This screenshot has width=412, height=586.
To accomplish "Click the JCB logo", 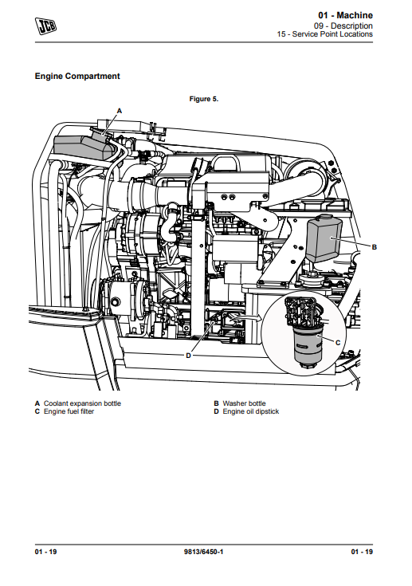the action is point(46,26).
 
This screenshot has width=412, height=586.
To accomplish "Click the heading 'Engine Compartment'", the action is point(77,77).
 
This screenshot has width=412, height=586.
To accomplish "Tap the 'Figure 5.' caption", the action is point(203,99).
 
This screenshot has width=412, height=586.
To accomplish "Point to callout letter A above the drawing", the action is point(120,111).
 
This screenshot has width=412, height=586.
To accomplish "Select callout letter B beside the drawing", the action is point(375,247).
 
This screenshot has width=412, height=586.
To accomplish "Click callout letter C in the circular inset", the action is point(338,342).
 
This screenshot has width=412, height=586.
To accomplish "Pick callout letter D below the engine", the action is point(188,356).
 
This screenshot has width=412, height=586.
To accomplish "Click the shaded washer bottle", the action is point(324,238).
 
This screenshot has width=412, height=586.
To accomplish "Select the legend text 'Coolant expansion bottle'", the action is point(82,403).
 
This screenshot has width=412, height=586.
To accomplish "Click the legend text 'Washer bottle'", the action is point(244,403).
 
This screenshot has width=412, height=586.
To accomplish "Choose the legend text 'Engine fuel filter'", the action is point(69,411).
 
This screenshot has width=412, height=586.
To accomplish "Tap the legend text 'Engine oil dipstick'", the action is point(251,411).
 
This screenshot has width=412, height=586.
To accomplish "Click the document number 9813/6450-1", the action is point(204,552).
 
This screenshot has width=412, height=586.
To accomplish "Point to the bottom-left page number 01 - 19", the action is point(45,552).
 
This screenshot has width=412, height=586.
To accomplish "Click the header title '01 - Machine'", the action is point(345,15).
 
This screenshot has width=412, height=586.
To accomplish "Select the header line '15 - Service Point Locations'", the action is point(324,34).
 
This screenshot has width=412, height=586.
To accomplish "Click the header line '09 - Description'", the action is point(343,26).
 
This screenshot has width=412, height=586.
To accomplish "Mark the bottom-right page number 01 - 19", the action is point(362,552).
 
